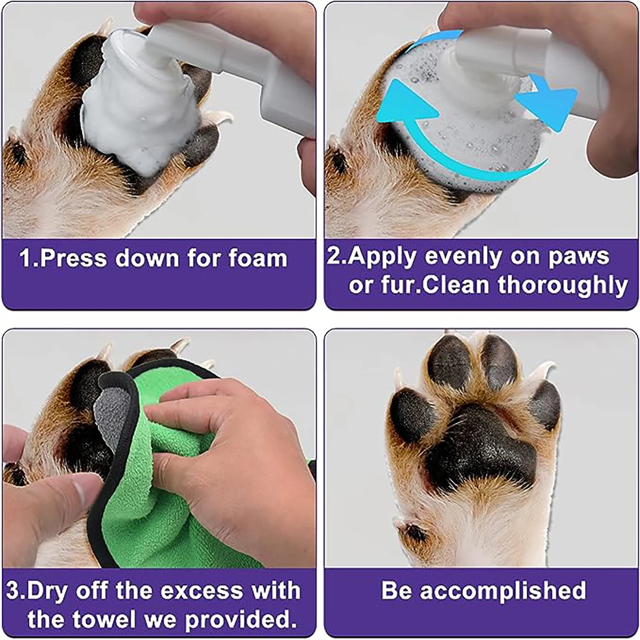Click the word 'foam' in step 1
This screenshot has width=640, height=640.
pos(257,259)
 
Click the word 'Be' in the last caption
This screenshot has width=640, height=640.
pos(397,591)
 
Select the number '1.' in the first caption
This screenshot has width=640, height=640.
pos(29,259)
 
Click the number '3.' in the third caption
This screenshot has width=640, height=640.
pos(17,591)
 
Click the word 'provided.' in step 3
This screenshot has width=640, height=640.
pos(241,620)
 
